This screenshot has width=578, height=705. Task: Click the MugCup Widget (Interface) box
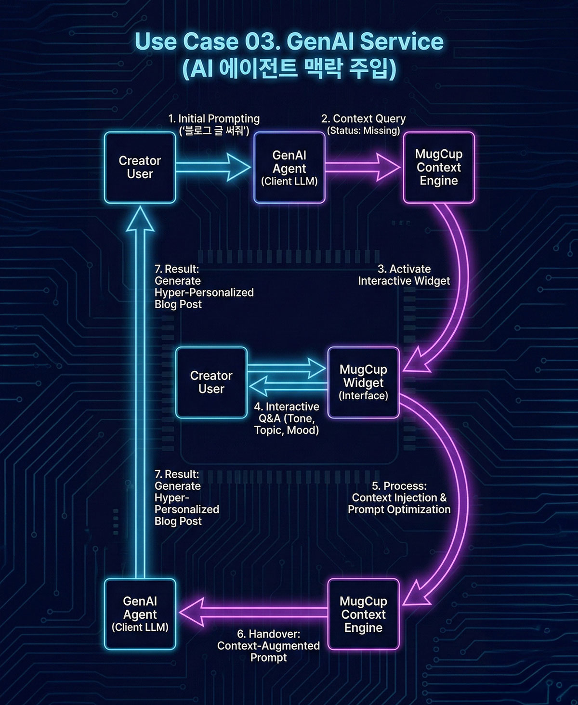click(363, 382)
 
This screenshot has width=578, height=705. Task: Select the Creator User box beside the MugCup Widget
click(211, 382)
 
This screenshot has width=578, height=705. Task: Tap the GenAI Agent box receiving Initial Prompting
click(289, 168)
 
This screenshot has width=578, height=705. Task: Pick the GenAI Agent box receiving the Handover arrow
click(140, 614)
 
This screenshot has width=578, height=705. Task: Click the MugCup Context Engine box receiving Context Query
click(438, 168)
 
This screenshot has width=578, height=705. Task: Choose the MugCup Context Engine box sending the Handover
click(363, 614)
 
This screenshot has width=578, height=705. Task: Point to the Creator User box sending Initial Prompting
click(140, 168)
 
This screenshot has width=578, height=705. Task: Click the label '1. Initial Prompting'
click(214, 119)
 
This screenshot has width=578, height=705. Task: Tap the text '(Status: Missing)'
click(364, 131)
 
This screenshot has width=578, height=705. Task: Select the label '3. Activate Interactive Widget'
click(404, 275)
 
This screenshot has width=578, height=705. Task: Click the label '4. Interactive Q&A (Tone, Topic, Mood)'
click(287, 418)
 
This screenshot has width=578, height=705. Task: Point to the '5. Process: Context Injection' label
click(399, 497)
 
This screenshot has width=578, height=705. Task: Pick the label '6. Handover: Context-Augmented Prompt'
click(268, 645)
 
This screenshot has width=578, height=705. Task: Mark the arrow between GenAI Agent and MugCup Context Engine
click(362, 167)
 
